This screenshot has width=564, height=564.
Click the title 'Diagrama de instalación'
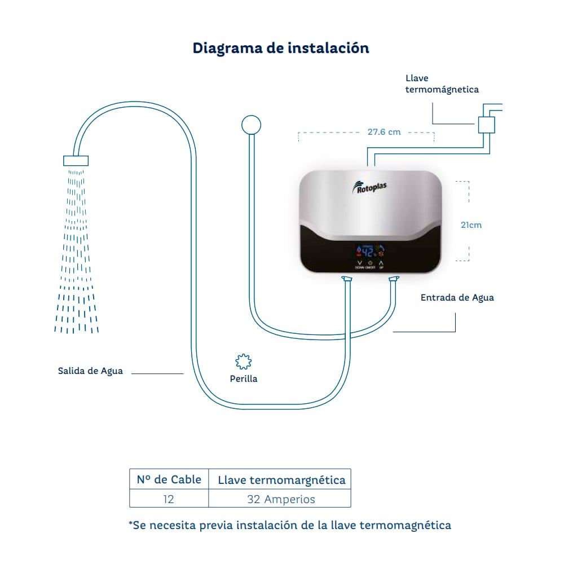(281, 48)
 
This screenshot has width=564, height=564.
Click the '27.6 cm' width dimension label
(384, 132)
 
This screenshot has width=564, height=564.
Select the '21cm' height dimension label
(471, 224)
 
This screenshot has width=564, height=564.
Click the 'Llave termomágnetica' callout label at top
(442, 84)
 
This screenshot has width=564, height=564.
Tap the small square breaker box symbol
(486, 125)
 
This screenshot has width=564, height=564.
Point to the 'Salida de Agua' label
(90, 371)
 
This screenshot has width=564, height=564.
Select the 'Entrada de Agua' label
(457, 297)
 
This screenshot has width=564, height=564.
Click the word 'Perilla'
(244, 379)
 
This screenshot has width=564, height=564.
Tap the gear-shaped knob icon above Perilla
(243, 362)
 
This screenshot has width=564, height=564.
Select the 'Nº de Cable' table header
(169, 480)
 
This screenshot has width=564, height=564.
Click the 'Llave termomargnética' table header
(281, 481)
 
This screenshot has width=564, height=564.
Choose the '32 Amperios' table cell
(281, 499)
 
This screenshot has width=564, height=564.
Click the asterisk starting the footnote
(131, 525)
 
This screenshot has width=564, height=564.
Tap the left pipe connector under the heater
(346, 279)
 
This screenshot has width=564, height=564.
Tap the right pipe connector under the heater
(394, 279)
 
